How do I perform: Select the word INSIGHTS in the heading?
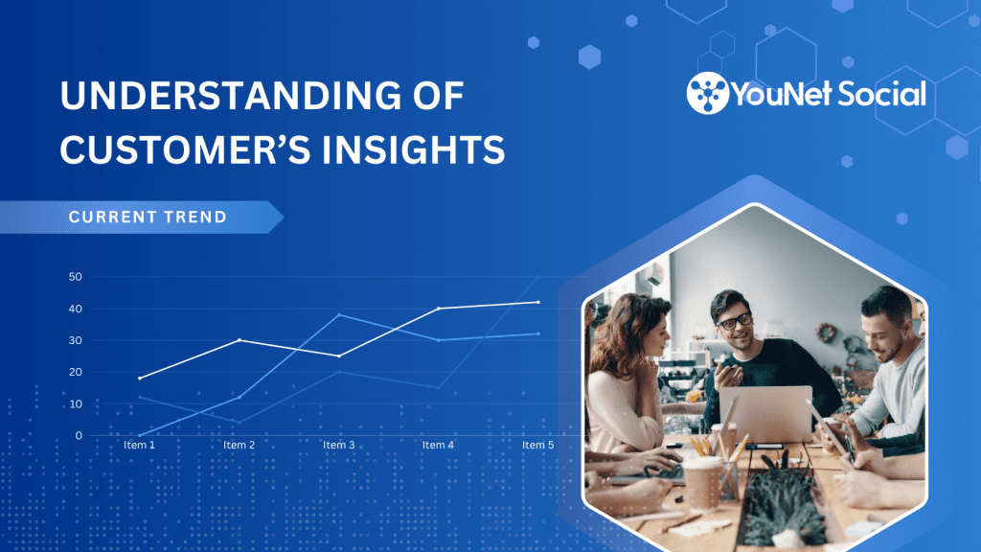pyautogui.click(x=413, y=150)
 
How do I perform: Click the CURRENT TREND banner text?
pyautogui.click(x=148, y=218)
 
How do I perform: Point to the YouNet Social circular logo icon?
pyautogui.click(x=708, y=93)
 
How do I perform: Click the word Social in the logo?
pyautogui.click(x=881, y=94)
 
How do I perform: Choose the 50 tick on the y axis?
pyautogui.click(x=75, y=277)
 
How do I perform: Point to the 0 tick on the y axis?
pyautogui.click(x=79, y=436)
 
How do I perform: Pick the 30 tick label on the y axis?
pyautogui.click(x=75, y=340)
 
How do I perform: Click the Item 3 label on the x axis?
pyautogui.click(x=338, y=445)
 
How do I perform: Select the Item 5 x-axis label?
pyautogui.click(x=538, y=445)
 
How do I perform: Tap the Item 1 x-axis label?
pyautogui.click(x=139, y=445)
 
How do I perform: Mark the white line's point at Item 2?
pyautogui.click(x=240, y=340)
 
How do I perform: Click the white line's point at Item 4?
pyautogui.click(x=439, y=309)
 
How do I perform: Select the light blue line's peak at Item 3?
pyautogui.click(x=339, y=314)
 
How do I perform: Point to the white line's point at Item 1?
pyautogui.click(x=140, y=378)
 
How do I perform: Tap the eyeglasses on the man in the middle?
pyautogui.click(x=734, y=322)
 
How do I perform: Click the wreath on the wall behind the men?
pyautogui.click(x=826, y=333)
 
